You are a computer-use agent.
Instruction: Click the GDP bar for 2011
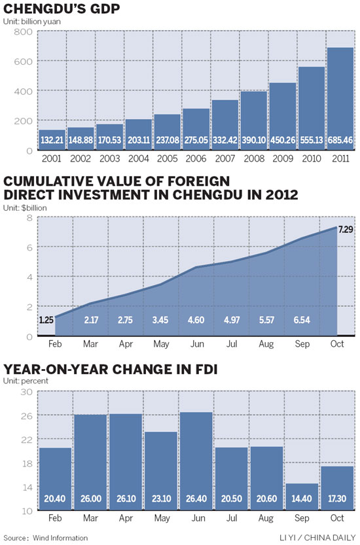point(340,98)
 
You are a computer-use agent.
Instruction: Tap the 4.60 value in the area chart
point(196,321)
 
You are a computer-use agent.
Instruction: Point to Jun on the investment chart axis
point(196,343)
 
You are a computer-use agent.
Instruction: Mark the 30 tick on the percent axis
point(26,391)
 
